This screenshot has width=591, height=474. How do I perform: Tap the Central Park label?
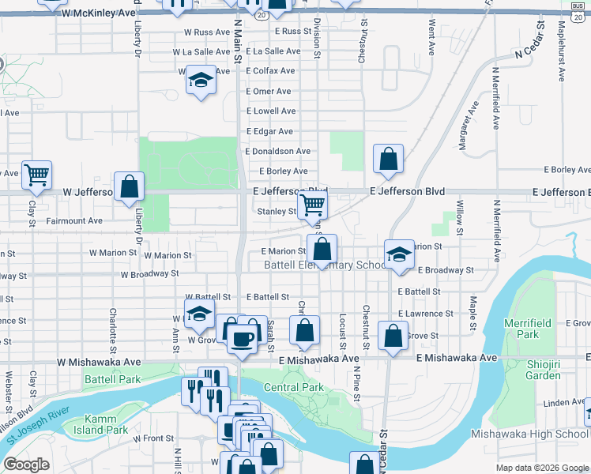tap(293, 388)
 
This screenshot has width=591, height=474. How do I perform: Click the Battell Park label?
tap(111, 379)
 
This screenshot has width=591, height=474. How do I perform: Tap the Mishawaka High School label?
tap(528, 434)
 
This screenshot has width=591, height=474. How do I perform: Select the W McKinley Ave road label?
tap(99, 14)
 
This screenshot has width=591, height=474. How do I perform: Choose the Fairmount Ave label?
tap(73, 221)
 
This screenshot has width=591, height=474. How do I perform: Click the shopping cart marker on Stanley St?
tap(313, 205)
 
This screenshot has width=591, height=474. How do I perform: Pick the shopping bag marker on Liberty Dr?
tap(130, 187)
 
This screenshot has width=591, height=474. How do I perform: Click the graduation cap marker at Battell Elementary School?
tap(400, 254)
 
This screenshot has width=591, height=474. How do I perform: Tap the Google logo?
tap(27, 465)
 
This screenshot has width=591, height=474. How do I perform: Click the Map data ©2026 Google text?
tap(541, 468)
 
